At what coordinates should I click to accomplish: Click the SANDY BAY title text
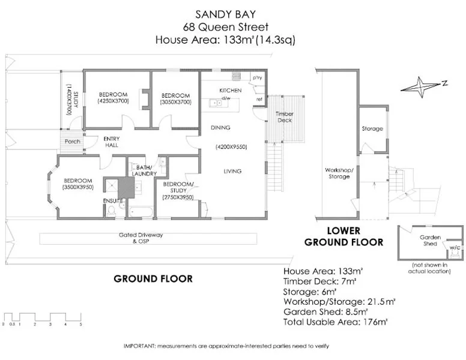226,13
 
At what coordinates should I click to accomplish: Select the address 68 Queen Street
226,26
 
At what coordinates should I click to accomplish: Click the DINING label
220,128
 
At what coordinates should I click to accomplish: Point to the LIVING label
232,171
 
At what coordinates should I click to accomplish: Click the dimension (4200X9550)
231,147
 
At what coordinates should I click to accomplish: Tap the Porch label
73,142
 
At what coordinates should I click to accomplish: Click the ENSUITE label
113,200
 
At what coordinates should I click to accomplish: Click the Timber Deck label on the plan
284,117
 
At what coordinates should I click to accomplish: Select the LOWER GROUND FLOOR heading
343,236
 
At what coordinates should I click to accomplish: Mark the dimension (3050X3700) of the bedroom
176,102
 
